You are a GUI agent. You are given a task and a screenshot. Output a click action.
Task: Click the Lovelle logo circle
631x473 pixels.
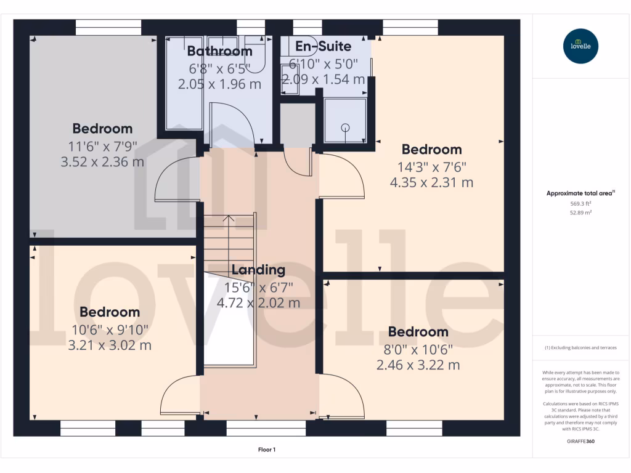point(580,46)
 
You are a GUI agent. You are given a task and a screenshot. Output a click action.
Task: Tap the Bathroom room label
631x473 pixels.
point(220,51)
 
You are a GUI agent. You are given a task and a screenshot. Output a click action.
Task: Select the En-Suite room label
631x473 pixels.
point(324,46)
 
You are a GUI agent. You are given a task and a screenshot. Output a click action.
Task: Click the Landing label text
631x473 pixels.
point(258,270)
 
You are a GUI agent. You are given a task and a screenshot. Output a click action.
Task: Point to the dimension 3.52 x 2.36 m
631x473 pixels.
point(102,162)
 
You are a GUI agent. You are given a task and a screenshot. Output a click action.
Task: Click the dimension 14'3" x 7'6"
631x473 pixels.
point(431,166)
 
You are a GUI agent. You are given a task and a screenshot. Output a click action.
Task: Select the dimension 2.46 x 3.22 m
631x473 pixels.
point(418,365)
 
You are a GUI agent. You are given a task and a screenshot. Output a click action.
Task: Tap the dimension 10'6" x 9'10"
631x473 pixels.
point(110,329)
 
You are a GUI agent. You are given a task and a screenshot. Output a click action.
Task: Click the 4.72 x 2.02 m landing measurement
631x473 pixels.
point(258,303)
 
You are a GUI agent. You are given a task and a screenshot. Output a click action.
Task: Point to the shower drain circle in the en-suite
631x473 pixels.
point(345,128)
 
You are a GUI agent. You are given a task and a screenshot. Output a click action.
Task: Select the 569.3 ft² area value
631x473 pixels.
point(580,203)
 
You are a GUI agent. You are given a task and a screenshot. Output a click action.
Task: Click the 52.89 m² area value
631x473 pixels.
point(580,212)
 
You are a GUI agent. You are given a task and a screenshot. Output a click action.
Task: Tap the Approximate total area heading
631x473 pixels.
point(580,193)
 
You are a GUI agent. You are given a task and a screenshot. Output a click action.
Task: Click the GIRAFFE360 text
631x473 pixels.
point(580,442)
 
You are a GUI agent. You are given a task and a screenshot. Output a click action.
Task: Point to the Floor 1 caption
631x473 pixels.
point(267,450)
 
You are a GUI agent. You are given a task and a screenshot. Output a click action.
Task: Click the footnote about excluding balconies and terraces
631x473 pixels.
point(580,348)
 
